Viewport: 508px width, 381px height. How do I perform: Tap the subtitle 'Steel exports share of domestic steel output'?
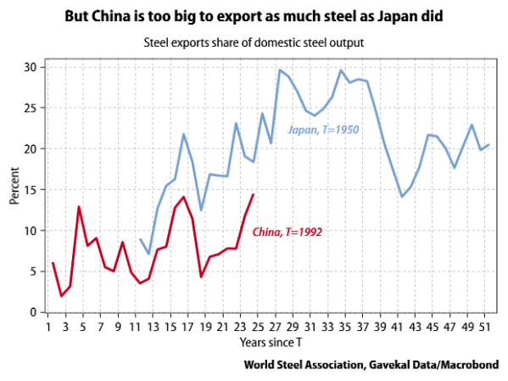coord(254,41)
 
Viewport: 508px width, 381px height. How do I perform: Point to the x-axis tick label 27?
coord(276,326)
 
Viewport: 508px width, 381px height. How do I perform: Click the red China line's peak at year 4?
coord(79,206)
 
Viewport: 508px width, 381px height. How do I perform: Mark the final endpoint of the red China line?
coord(254,194)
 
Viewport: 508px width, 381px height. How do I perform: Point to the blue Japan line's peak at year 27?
coord(280,70)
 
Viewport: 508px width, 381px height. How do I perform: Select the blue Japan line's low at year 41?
coord(401,197)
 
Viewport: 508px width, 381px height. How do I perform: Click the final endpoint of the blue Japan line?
coord(488,144)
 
